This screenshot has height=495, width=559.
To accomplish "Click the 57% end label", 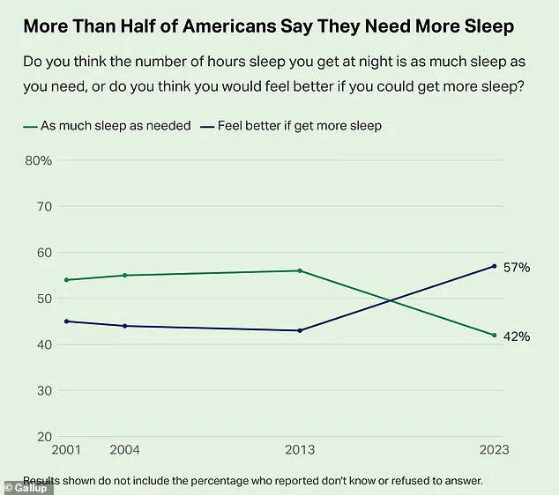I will pyautogui.click(x=516, y=267).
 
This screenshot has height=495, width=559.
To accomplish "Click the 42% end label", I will pyautogui.click(x=516, y=336).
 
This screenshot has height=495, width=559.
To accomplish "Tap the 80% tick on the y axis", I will pyautogui.click(x=38, y=161).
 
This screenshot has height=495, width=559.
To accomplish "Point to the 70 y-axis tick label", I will pyautogui.click(x=43, y=207).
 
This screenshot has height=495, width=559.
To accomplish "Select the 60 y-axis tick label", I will pyautogui.click(x=43, y=253).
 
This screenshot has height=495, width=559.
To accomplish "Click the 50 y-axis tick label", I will pyautogui.click(x=43, y=299).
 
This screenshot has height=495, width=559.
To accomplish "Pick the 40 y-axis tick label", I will pyautogui.click(x=43, y=344).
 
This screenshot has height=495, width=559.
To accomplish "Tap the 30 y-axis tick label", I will pyautogui.click(x=43, y=390).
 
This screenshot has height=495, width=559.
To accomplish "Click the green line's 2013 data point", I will pyautogui.click(x=301, y=270).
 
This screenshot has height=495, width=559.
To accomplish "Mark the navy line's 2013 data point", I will pyautogui.click(x=301, y=330).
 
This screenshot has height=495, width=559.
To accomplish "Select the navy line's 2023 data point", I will pyautogui.click(x=495, y=266).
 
